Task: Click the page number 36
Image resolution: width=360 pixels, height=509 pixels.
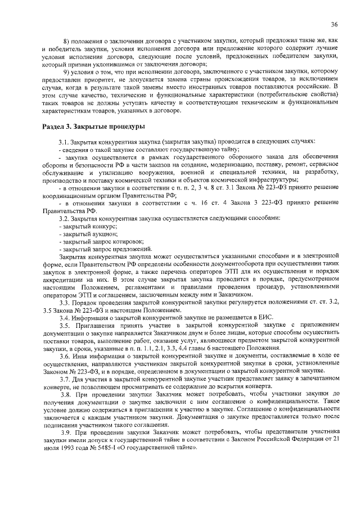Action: point(334,24)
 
